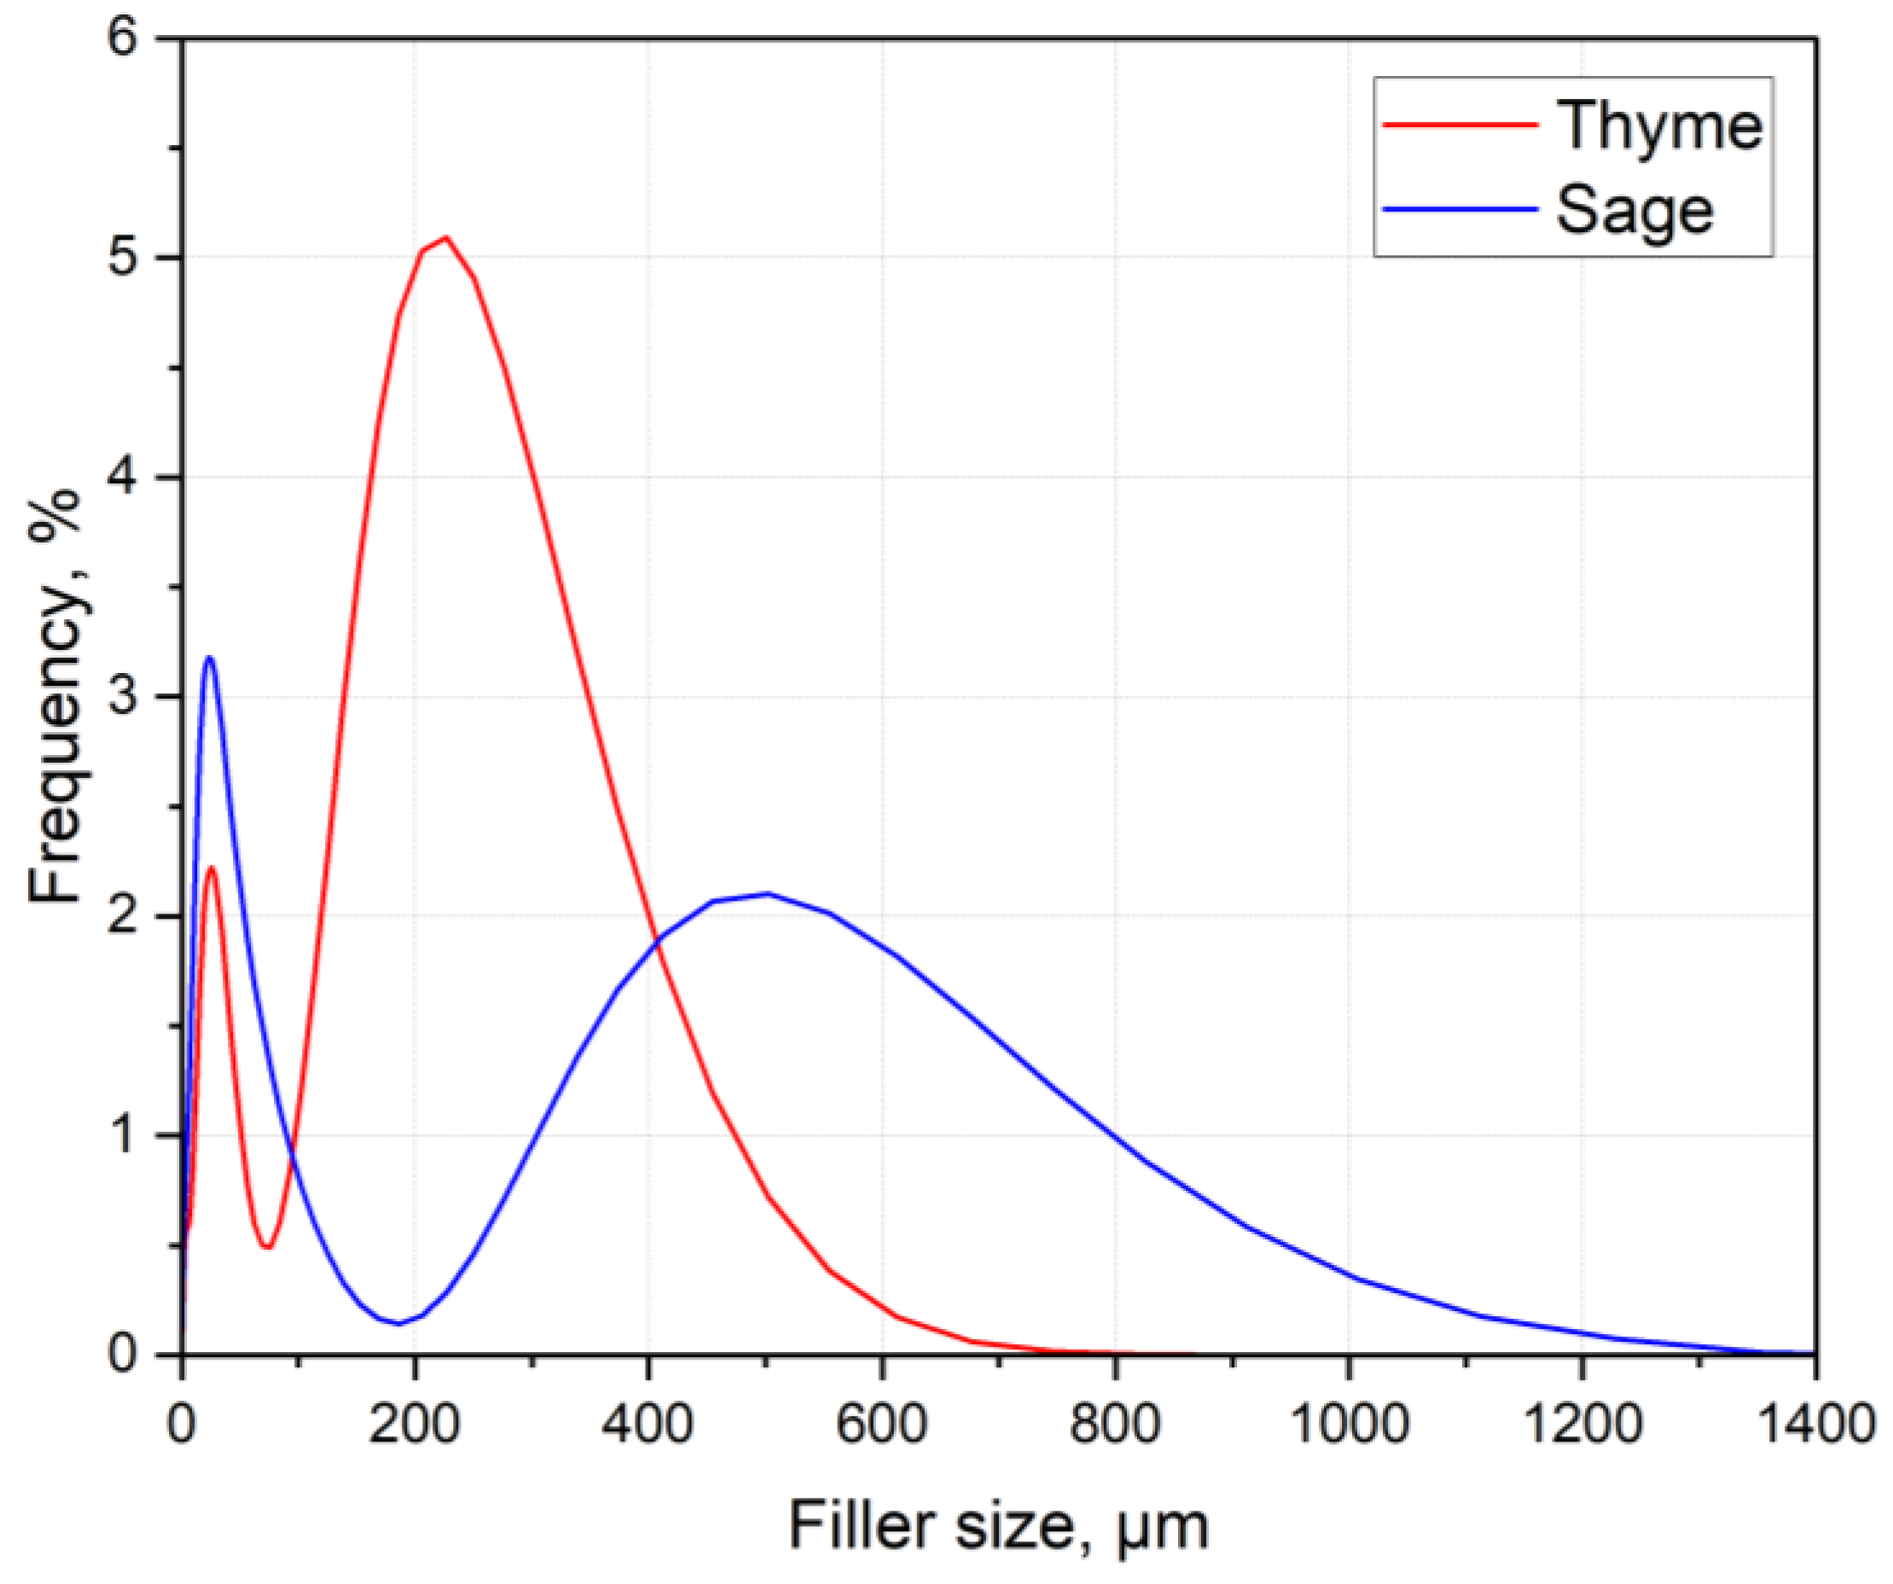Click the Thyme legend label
click(1659, 126)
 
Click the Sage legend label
click(1635, 211)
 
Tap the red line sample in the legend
click(1460, 125)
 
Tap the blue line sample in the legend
click(1460, 209)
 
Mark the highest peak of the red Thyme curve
click(445, 237)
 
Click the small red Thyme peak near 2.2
click(212, 867)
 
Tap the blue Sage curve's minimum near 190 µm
click(398, 1324)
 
